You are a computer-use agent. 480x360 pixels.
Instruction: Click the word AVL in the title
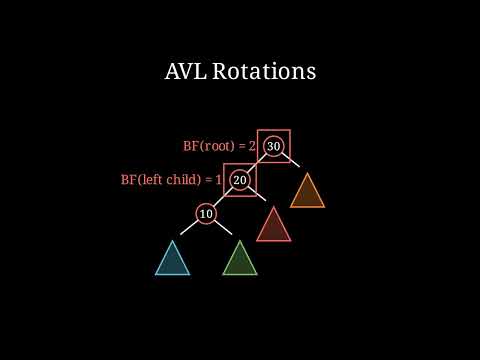pyautogui.click(x=185, y=72)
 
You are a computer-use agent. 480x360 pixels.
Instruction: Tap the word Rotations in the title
pyautogui.click(x=264, y=72)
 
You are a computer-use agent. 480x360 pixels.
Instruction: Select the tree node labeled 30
pyautogui.click(x=274, y=146)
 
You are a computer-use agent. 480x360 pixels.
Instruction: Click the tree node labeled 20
pyautogui.click(x=240, y=180)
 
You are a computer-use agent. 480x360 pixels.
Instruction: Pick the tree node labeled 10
pyautogui.click(x=206, y=214)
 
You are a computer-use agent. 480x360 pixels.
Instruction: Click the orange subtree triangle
pyautogui.click(x=307, y=193)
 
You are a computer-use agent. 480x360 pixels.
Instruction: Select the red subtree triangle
pyautogui.click(x=273, y=226)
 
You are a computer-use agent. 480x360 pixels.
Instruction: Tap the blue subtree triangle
pyautogui.click(x=172, y=260)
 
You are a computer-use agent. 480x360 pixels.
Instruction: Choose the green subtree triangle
pyautogui.click(x=239, y=260)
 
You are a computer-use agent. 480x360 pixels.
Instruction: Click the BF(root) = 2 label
pyautogui.click(x=219, y=146)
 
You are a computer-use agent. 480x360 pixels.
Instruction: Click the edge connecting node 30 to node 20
pyautogui.click(x=257, y=163)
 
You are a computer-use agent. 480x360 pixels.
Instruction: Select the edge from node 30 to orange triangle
pyautogui.click(x=291, y=163)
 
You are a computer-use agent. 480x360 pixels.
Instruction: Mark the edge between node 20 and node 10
pyautogui.click(x=223, y=197)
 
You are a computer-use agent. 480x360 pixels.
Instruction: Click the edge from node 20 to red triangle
pyautogui.click(x=257, y=197)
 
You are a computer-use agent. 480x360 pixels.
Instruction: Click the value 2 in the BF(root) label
pyautogui.click(x=252, y=146)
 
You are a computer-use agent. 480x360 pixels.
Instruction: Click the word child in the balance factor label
pyautogui.click(x=180, y=180)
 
